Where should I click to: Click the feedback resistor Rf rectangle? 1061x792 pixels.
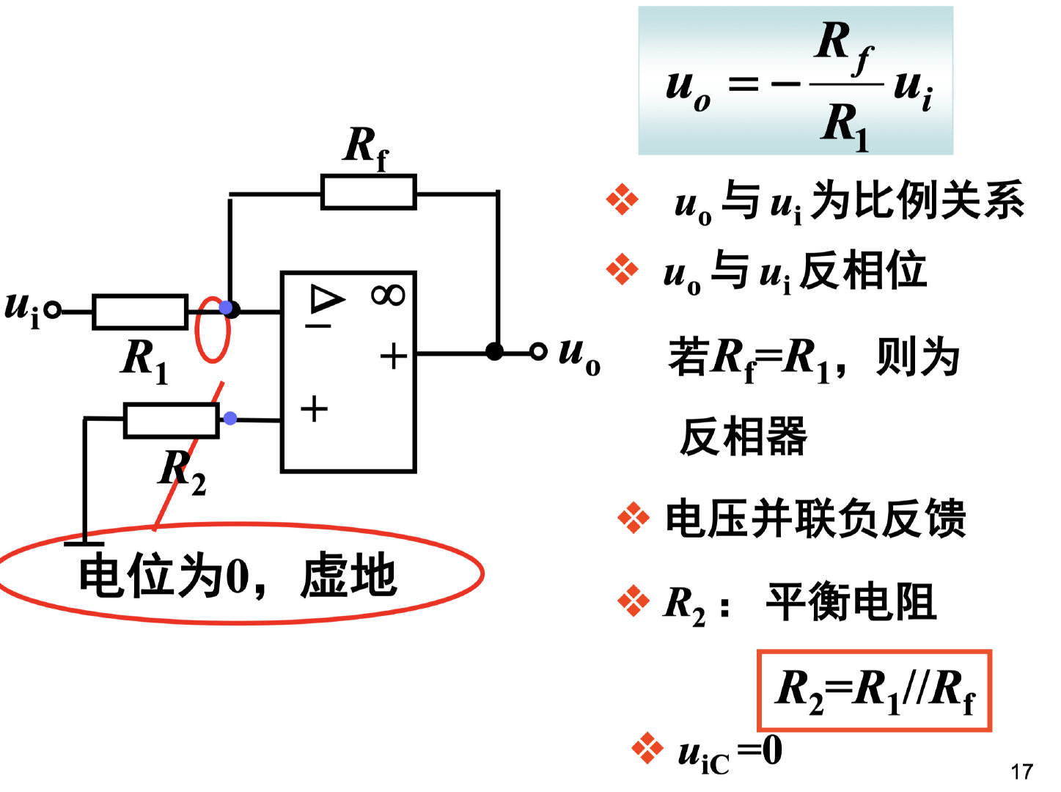pyautogui.click(x=368, y=192)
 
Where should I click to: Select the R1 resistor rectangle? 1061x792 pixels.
pyautogui.click(x=139, y=312)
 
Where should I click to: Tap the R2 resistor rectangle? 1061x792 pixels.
pyautogui.click(x=171, y=420)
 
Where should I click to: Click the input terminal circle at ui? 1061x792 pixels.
pyautogui.click(x=52, y=311)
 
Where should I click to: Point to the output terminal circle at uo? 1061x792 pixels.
pyautogui.click(x=538, y=352)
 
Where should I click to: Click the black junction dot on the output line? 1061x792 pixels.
pyautogui.click(x=495, y=352)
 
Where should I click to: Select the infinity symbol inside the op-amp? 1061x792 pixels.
pyautogui.click(x=388, y=296)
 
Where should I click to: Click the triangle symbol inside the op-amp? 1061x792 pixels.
pyautogui.click(x=326, y=299)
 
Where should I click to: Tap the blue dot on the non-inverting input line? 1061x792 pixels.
pyautogui.click(x=230, y=419)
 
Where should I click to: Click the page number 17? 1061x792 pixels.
pyautogui.click(x=1021, y=771)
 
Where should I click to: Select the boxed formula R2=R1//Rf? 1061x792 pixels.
pyautogui.click(x=874, y=691)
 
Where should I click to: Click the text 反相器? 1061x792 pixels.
pyautogui.click(x=744, y=437)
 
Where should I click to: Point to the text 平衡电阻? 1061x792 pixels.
pyautogui.click(x=851, y=603)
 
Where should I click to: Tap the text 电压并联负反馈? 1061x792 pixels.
pyautogui.click(x=815, y=519)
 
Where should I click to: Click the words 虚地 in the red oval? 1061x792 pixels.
pyautogui.click(x=349, y=576)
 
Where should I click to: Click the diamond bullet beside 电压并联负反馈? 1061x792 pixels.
pyautogui.click(x=634, y=519)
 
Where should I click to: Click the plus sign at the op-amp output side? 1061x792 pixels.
pyautogui.click(x=394, y=357)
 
